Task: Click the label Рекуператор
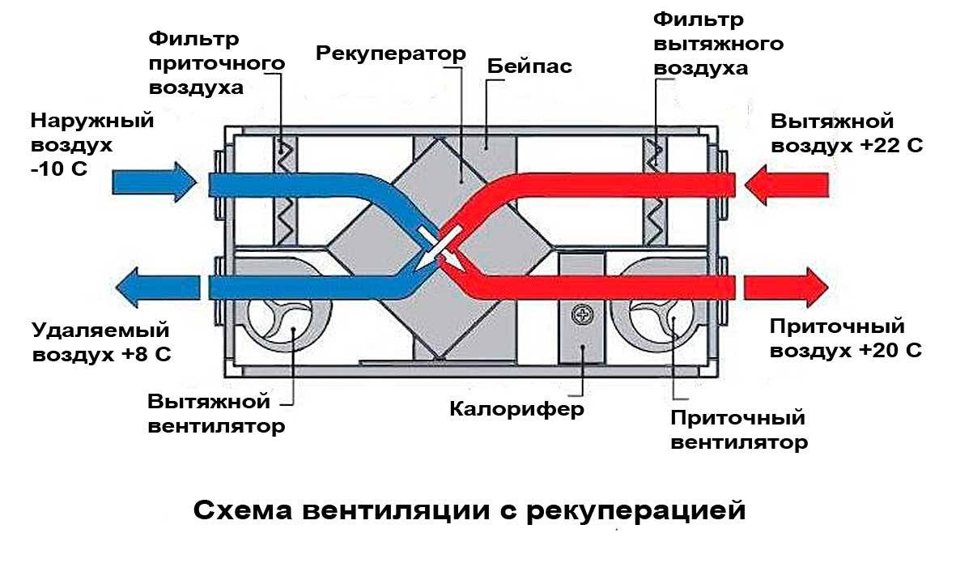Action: pos(391,53)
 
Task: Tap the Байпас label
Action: pos(529,66)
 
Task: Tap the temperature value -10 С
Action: pos(58,170)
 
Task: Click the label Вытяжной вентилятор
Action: pos(217,414)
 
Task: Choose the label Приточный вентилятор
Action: pos(738,430)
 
